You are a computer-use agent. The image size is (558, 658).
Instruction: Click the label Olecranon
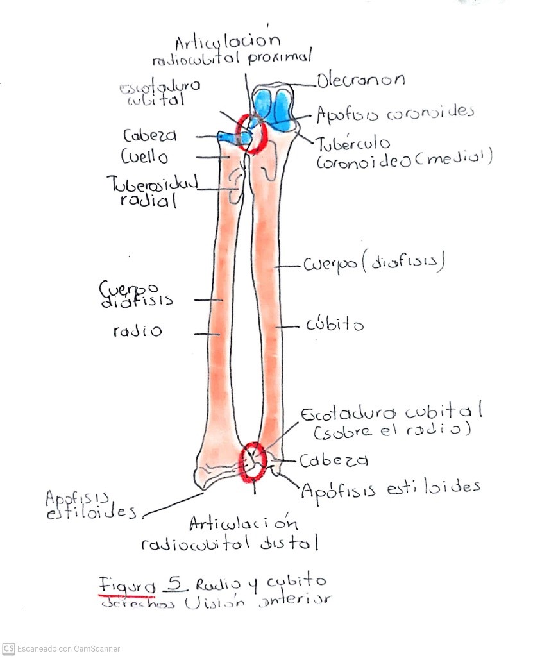pos(360,81)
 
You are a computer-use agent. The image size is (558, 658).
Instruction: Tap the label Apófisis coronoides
pos(395,114)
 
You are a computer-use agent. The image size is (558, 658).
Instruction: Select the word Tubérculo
pos(353,143)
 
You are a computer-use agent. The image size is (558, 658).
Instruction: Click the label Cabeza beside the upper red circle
pos(150,136)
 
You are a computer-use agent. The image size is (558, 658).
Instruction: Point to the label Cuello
pos(146,156)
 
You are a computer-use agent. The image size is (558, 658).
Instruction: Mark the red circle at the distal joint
pos(251,462)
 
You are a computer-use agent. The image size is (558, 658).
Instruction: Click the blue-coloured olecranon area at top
pos(274,106)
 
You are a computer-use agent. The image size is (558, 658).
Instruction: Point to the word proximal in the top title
pos(280,57)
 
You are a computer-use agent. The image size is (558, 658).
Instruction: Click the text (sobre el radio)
pos(392,430)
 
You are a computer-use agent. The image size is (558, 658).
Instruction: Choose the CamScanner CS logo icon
pos(8,648)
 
